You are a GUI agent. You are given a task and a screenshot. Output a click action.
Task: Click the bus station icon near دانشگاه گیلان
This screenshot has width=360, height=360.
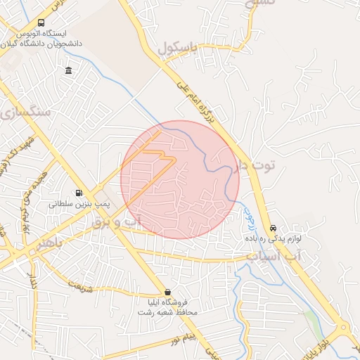[x=40, y=22]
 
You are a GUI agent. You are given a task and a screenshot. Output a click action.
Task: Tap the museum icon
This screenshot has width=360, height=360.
[x=68, y=70]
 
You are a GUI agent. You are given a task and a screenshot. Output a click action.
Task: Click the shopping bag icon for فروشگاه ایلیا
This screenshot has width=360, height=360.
[x=167, y=292]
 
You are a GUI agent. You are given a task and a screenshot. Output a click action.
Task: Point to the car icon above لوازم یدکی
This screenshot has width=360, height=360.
[x=274, y=229]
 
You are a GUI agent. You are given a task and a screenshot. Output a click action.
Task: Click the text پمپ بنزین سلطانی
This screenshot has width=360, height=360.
[x=79, y=204]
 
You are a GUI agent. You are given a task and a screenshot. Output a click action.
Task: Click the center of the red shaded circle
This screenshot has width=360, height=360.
[x=180, y=179]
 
